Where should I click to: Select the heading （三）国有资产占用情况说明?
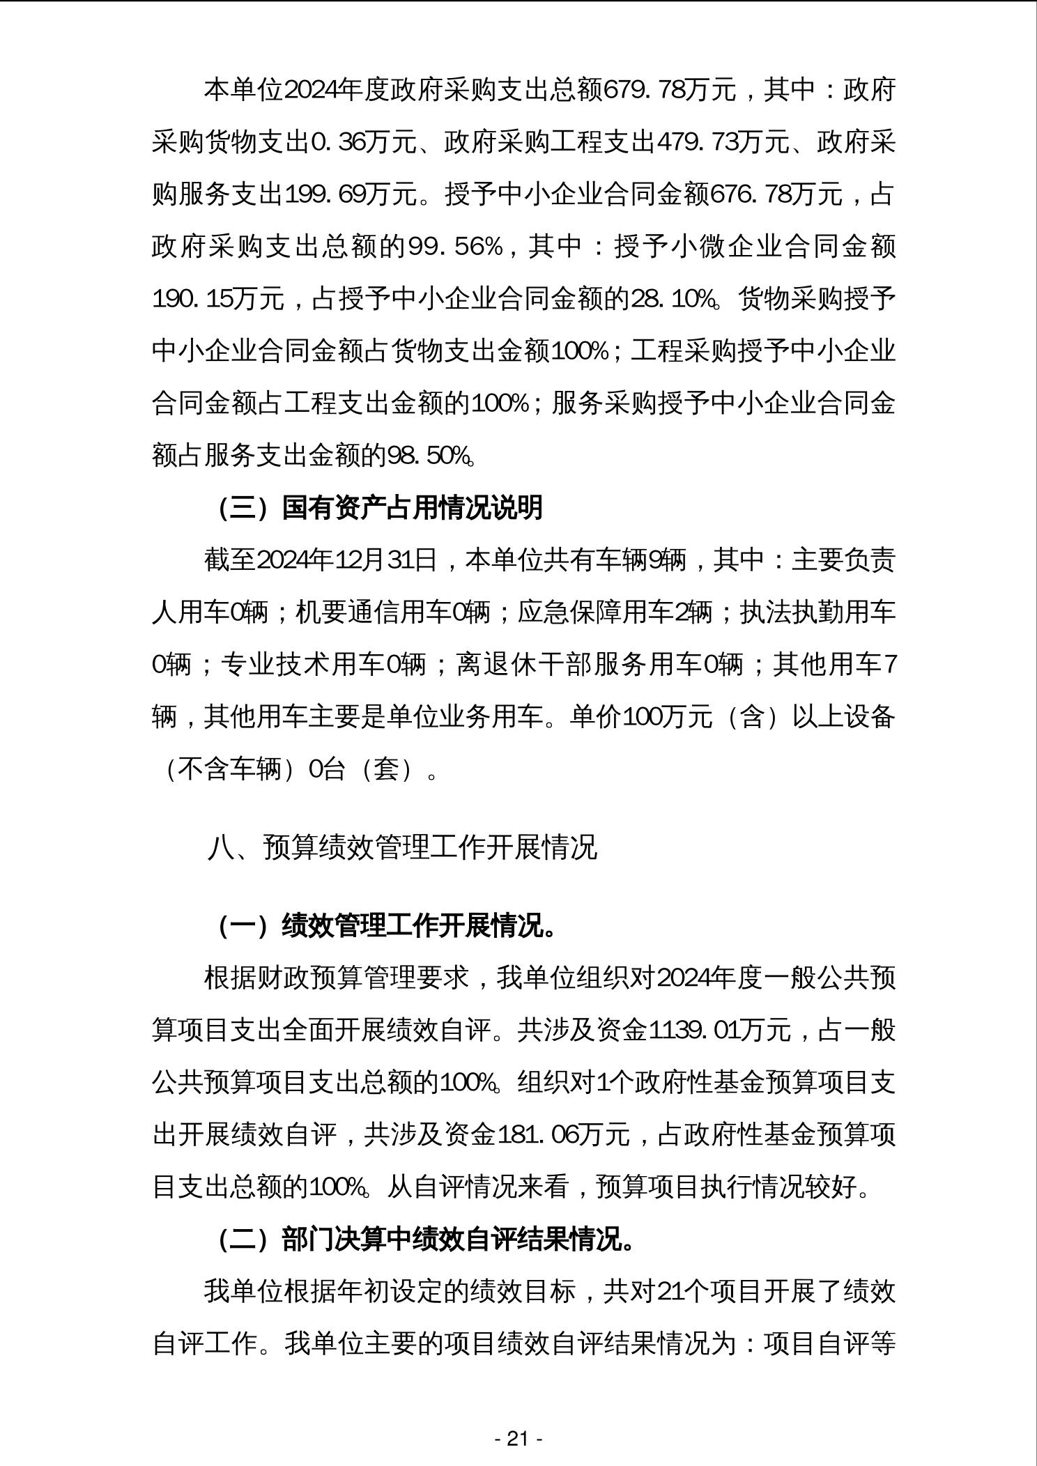[x=380, y=508]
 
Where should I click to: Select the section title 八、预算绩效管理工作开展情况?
[x=402, y=848]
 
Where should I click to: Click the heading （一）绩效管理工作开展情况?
[x=386, y=927]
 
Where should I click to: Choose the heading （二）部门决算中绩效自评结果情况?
[x=425, y=1240]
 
